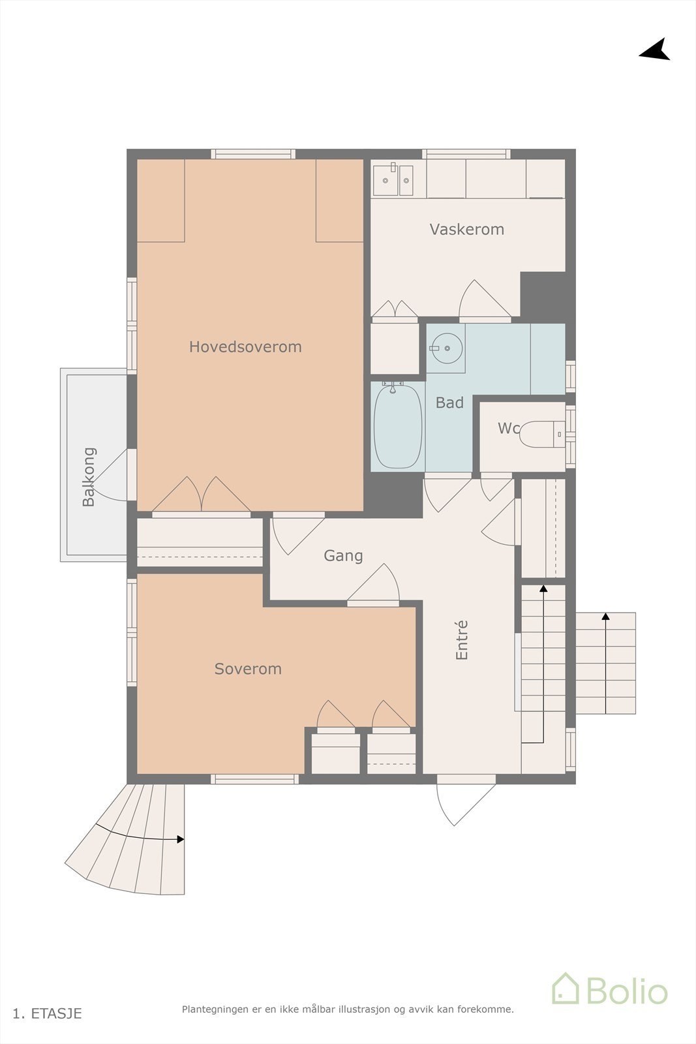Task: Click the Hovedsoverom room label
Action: point(245,346)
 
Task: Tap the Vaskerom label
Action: point(466,229)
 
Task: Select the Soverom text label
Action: point(248,669)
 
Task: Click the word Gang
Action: point(343,556)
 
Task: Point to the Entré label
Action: point(462,640)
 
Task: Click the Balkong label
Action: point(89,477)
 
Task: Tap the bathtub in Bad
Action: point(398,427)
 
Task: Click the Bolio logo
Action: point(609,989)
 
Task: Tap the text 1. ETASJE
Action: point(48,1013)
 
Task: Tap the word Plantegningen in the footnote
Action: point(215,1009)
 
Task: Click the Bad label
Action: point(449,403)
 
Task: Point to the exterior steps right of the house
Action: point(605,663)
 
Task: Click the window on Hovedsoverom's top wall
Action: point(253,155)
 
